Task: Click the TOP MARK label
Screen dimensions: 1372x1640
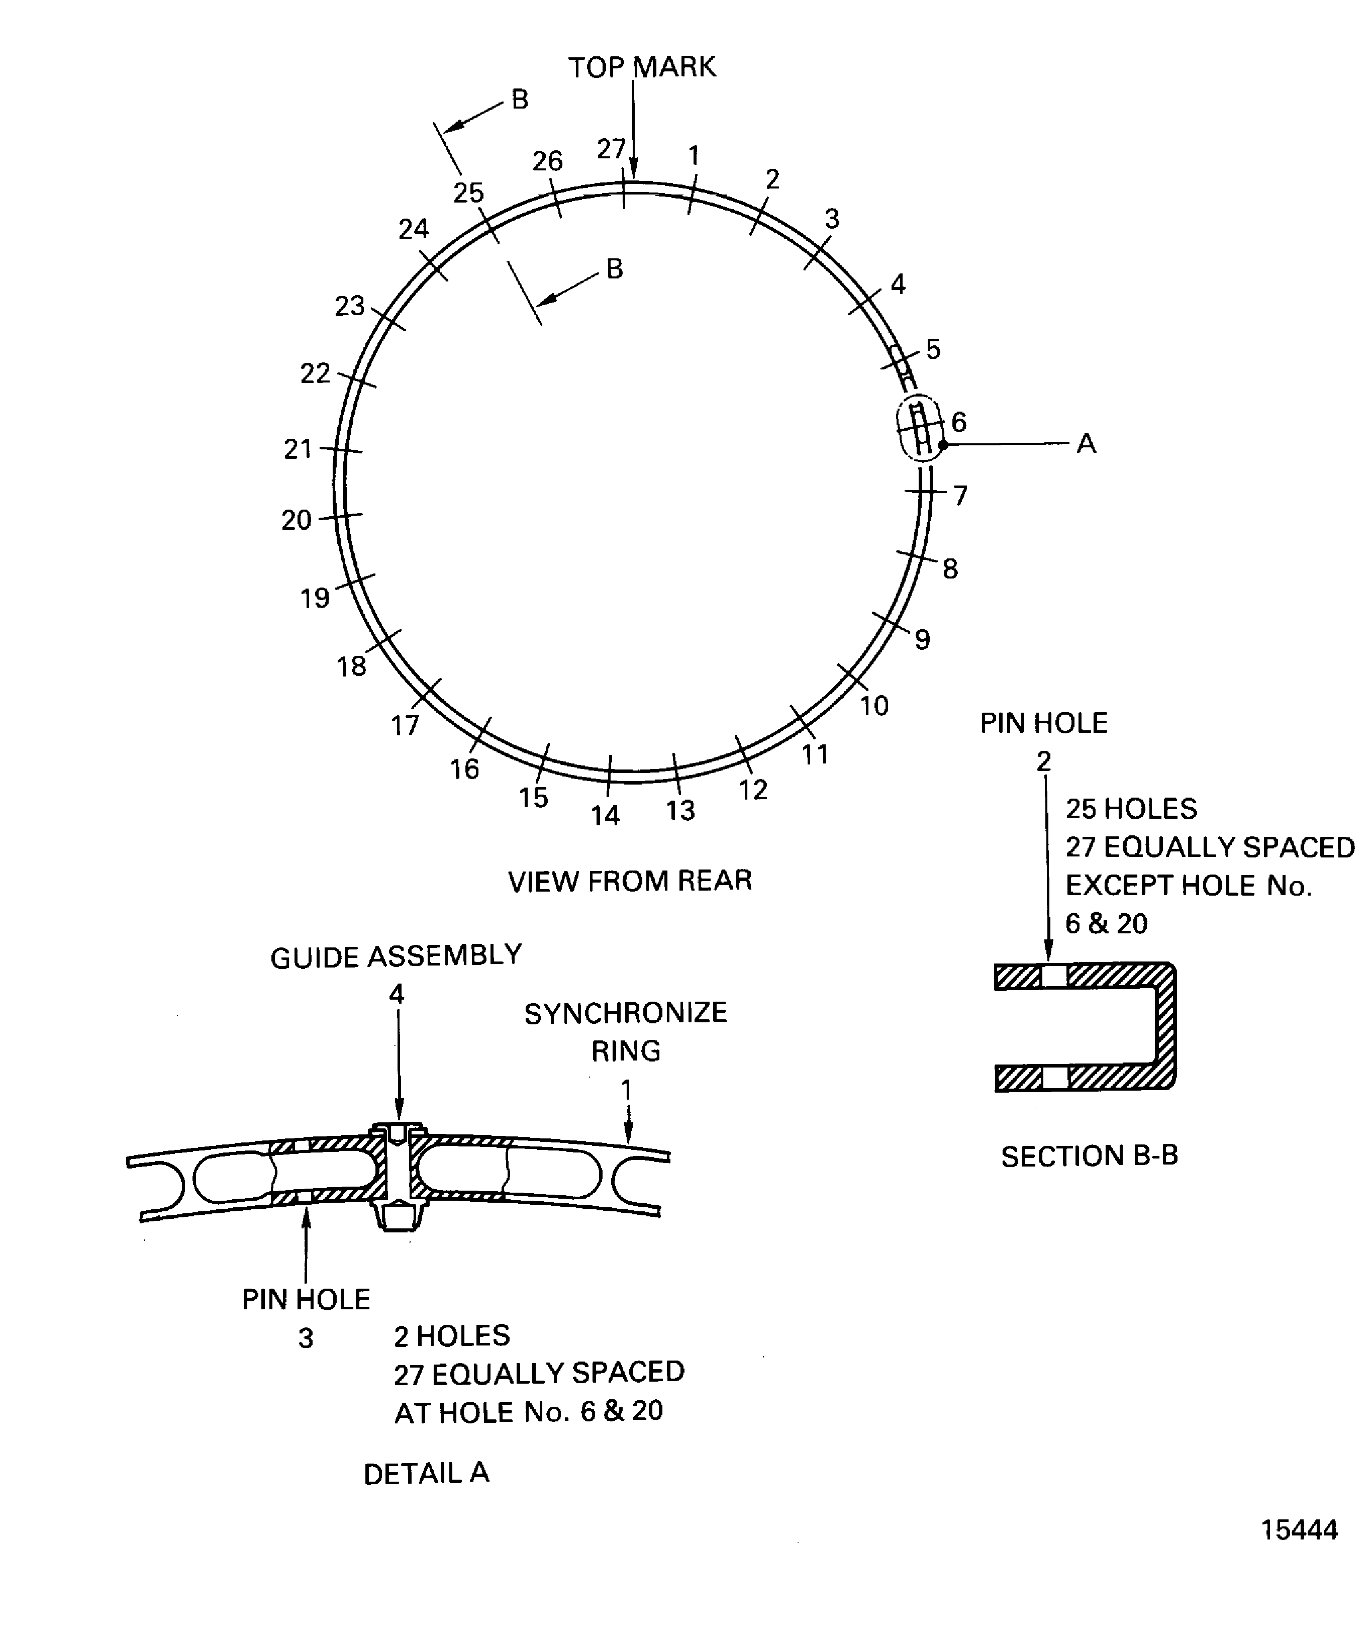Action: [642, 67]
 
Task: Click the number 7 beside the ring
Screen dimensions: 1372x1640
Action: [960, 495]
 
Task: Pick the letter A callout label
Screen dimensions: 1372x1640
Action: [1086, 444]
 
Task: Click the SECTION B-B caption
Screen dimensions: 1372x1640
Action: [1090, 1156]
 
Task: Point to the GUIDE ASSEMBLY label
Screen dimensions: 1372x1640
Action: [396, 956]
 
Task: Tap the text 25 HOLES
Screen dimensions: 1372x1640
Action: [1131, 808]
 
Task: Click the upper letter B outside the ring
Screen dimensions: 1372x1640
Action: [520, 99]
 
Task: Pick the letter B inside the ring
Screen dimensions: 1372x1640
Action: [615, 269]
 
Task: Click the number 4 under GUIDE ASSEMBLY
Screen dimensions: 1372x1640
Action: [397, 994]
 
